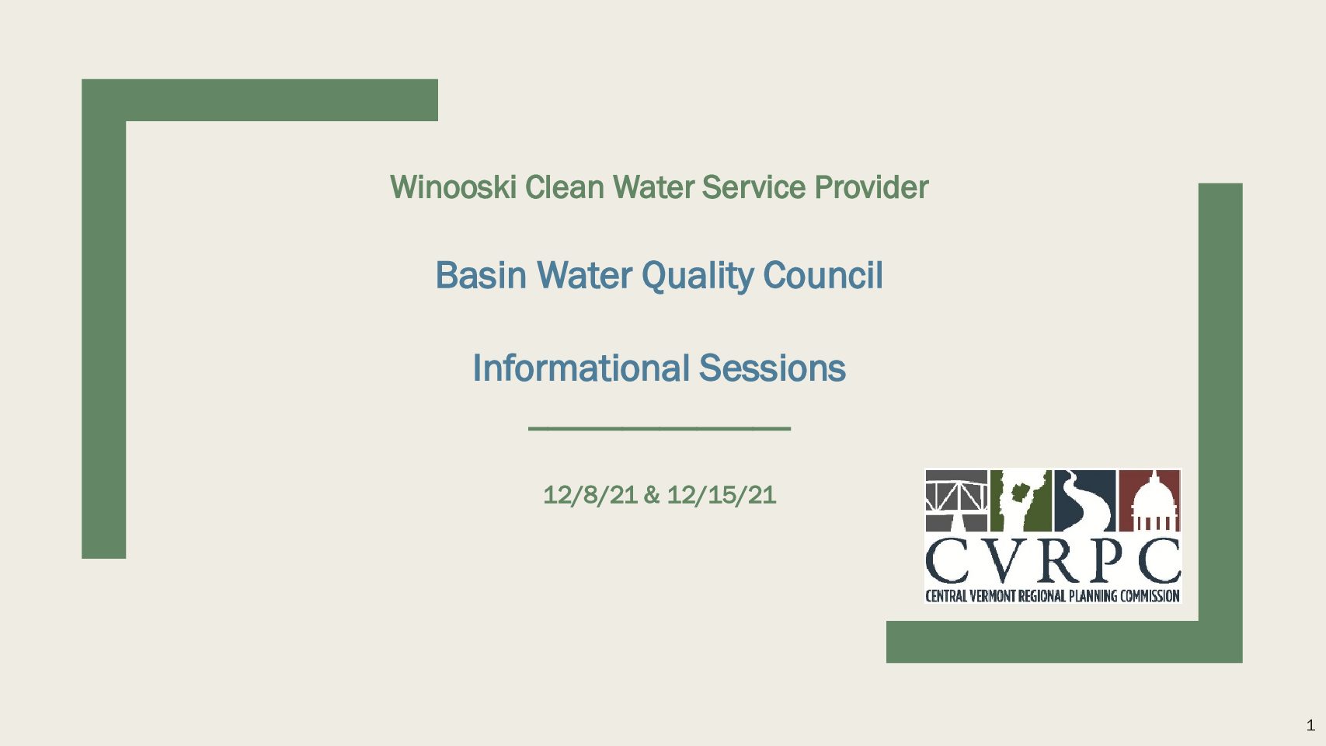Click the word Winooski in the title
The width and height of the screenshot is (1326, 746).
pyautogui.click(x=453, y=187)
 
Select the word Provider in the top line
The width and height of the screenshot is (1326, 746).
pyautogui.click(x=872, y=188)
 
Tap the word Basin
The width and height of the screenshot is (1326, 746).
pyautogui.click(x=481, y=276)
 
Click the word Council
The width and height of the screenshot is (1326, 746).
pyautogui.click(x=823, y=276)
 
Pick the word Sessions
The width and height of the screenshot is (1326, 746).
pyautogui.click(x=772, y=368)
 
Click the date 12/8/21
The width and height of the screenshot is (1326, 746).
pyautogui.click(x=590, y=496)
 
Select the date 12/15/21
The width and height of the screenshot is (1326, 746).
pyautogui.click(x=721, y=496)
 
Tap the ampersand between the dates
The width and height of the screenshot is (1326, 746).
pyautogui.click(x=652, y=496)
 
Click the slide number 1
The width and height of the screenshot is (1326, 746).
pyautogui.click(x=1310, y=725)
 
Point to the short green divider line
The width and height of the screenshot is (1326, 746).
pyautogui.click(x=660, y=428)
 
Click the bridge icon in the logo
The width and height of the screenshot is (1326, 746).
pyautogui.click(x=956, y=501)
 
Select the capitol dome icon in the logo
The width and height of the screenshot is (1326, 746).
pyautogui.click(x=1149, y=501)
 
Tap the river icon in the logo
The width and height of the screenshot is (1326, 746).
pyautogui.click(x=1085, y=501)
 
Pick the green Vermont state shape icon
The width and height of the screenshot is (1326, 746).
pyautogui.click(x=1021, y=501)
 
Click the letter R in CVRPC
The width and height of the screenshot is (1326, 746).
pyautogui.click(x=1055, y=560)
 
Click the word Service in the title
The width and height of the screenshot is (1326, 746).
pyautogui.click(x=753, y=187)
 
